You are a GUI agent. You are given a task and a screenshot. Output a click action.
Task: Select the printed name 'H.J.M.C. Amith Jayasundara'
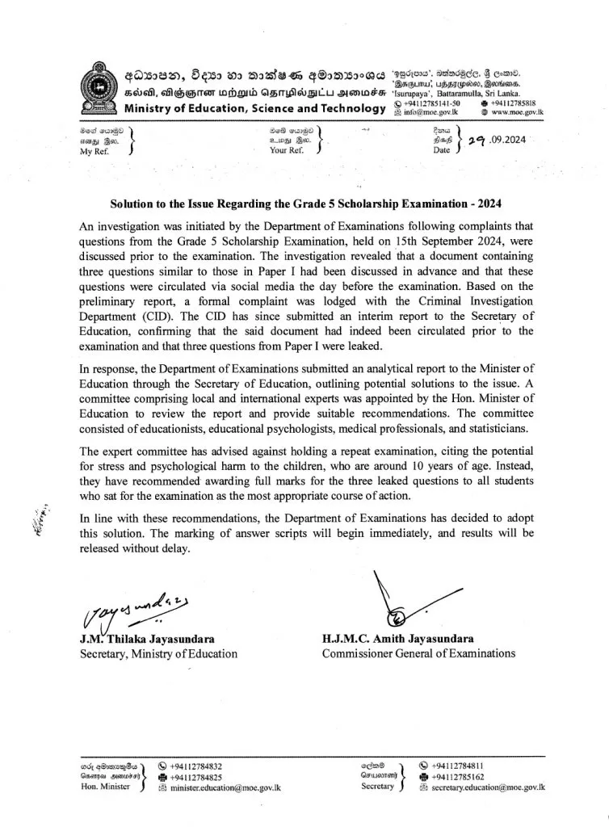point(397,638)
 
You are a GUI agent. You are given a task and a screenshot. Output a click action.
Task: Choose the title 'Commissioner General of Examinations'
point(418,653)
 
